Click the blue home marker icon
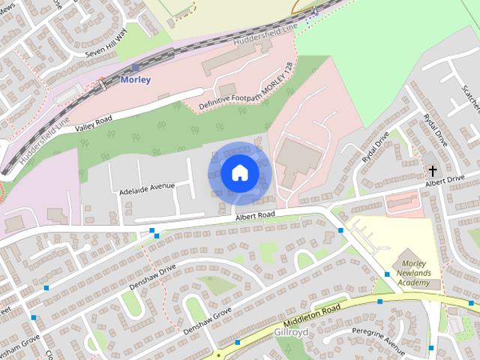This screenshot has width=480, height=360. coord(239,173)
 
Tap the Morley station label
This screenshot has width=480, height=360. coord(136,80)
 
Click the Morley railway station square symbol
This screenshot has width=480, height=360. coord(135,67)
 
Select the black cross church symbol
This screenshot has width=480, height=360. coord(433,171)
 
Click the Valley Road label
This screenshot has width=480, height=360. coord(93,124)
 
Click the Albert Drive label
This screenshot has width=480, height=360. coord(445,180)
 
